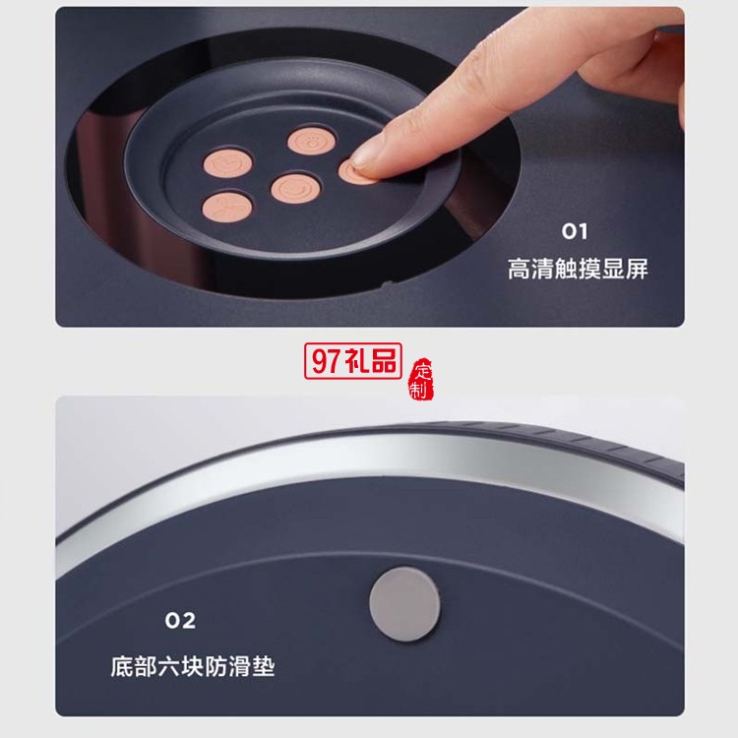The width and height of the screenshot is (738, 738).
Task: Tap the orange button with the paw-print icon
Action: pos(312,141)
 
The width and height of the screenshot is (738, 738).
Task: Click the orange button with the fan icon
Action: pos(227,207)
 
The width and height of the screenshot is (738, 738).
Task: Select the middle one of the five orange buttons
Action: pos(296,188)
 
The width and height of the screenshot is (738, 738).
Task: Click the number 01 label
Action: pos(575,231)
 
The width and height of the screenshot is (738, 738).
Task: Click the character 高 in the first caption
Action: pos(520,270)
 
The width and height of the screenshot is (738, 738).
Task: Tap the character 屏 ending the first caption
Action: pos(637,270)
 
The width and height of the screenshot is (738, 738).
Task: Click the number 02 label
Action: pos(180,621)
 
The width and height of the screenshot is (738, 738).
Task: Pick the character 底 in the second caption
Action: pos(122,666)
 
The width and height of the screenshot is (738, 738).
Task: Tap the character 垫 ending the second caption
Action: pos(263,666)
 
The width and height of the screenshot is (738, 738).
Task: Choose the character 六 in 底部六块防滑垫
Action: pos(169,666)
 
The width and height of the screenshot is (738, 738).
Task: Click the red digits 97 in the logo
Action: pos(326,361)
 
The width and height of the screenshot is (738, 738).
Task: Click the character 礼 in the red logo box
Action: pos(356,361)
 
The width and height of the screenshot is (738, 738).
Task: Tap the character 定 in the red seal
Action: pos(423,370)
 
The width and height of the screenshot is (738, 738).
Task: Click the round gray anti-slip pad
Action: pos(404,604)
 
